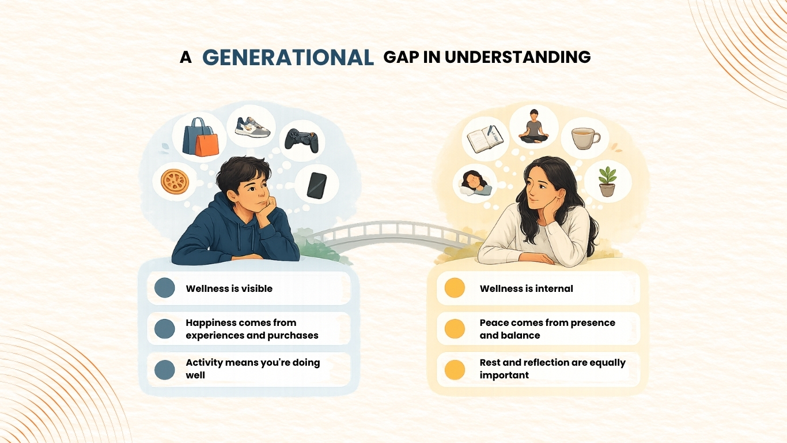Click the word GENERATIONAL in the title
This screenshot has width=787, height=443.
[287, 57]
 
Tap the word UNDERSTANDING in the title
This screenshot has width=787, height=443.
[517, 57]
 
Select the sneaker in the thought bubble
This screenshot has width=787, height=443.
[252, 127]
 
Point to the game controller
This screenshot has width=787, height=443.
[301, 141]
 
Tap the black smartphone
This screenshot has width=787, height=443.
[316, 185]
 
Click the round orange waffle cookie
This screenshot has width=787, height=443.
[175, 181]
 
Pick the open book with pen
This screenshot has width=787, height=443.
[485, 139]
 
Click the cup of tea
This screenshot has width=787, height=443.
[585, 138]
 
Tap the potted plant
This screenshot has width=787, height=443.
[607, 182]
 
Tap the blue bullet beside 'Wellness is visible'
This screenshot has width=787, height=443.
[164, 288]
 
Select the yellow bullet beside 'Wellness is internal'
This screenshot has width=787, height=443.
[455, 288]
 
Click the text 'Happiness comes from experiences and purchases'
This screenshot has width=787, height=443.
[252, 329]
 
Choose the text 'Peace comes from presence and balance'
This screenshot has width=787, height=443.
[547, 329]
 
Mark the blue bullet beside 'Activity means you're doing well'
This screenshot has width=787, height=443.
[164, 370]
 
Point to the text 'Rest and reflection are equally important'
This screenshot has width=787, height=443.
[553, 369]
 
